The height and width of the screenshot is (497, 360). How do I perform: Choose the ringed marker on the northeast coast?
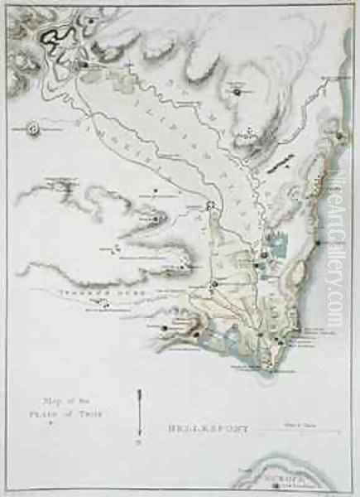(338, 133)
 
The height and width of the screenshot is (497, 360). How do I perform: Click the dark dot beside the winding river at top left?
(84, 63)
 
